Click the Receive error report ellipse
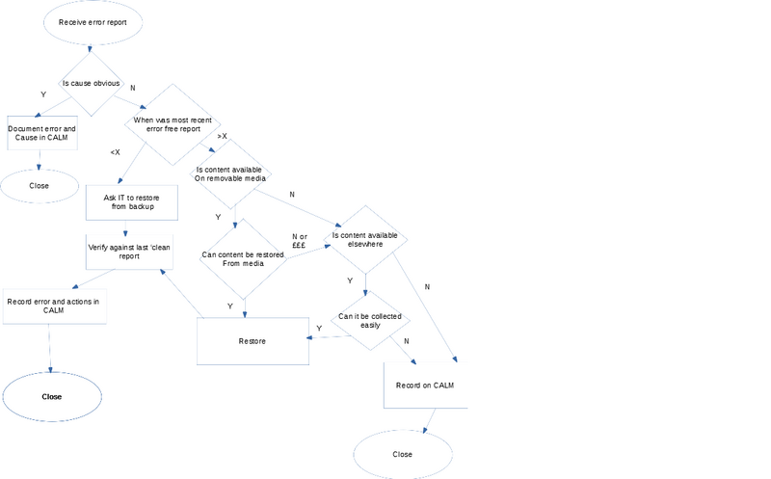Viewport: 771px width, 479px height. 93,21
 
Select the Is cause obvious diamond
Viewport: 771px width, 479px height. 92,83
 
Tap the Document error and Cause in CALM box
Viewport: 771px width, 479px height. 41,133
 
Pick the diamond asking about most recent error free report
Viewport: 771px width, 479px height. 173,124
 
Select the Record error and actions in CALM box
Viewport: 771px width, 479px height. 53,306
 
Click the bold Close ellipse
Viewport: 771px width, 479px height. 52,396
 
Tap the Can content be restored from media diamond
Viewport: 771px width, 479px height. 243,258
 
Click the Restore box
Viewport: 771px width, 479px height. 253,341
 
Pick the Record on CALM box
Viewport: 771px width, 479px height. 424,386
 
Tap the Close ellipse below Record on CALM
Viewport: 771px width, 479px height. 403,454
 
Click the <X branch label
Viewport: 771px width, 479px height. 115,152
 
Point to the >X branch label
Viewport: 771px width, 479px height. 223,137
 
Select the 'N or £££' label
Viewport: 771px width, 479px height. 299,240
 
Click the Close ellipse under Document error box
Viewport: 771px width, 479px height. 39,185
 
